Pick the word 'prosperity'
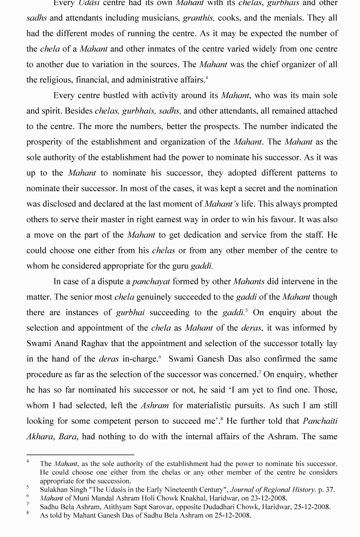click(46, 142)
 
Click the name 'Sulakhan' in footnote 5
click(55, 490)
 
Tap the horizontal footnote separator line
click(80, 455)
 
